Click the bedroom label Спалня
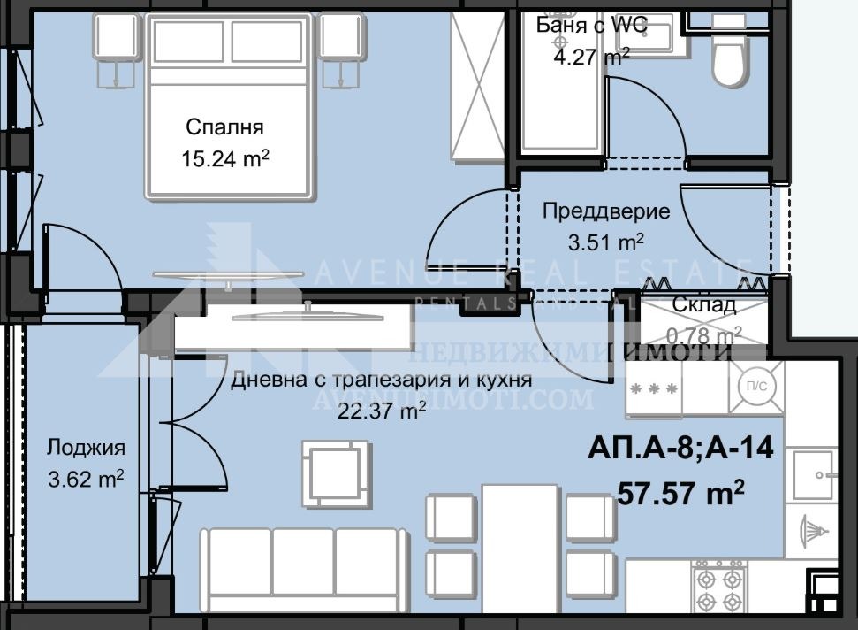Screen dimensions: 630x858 coord(224,127)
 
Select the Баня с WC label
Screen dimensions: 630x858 coord(591,25)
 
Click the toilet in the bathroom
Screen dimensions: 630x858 coord(730,58)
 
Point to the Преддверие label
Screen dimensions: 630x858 coord(605,211)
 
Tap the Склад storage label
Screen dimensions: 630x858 coord(703,305)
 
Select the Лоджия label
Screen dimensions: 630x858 coord(86,448)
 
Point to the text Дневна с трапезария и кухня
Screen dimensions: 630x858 coord(381,380)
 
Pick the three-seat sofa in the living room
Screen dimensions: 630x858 coord(303,566)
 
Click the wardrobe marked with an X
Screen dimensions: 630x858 coord(477,87)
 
